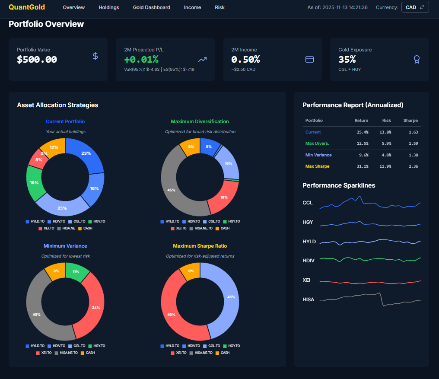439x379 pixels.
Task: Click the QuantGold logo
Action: (27, 7)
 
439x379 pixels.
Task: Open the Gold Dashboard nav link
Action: (151, 7)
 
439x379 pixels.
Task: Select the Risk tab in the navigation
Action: (219, 7)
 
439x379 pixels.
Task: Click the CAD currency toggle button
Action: (415, 7)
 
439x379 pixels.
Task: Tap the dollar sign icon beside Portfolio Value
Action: (95, 56)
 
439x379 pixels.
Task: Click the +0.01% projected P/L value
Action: (141, 59)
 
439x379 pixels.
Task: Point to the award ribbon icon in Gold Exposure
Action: (417, 59)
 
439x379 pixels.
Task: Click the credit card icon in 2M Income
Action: (309, 59)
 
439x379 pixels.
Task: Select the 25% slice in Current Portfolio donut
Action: (62, 208)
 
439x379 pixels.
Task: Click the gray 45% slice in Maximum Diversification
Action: (172, 190)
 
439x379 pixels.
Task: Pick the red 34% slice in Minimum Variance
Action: (96, 307)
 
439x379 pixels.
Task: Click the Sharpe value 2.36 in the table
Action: (413, 166)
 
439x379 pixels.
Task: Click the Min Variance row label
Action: (318, 155)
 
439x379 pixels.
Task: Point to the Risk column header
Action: (386, 121)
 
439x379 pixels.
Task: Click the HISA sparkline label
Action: (308, 299)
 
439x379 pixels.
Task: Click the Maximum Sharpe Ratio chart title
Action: (200, 246)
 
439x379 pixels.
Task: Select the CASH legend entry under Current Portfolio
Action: (86, 228)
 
